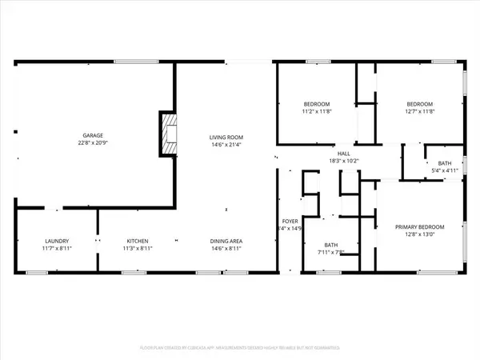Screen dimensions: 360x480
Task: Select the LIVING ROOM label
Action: coord(226,138)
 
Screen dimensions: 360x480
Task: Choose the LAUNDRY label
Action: coord(57,241)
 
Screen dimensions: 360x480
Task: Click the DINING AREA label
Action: coord(226,241)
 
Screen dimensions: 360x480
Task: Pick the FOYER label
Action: coord(290,221)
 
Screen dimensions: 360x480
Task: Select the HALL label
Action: coord(344,154)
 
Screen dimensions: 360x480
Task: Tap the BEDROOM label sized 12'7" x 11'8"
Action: coord(419,105)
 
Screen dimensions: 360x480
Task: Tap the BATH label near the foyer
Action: coord(331,245)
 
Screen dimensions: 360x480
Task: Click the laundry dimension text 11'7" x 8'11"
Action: coord(57,249)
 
